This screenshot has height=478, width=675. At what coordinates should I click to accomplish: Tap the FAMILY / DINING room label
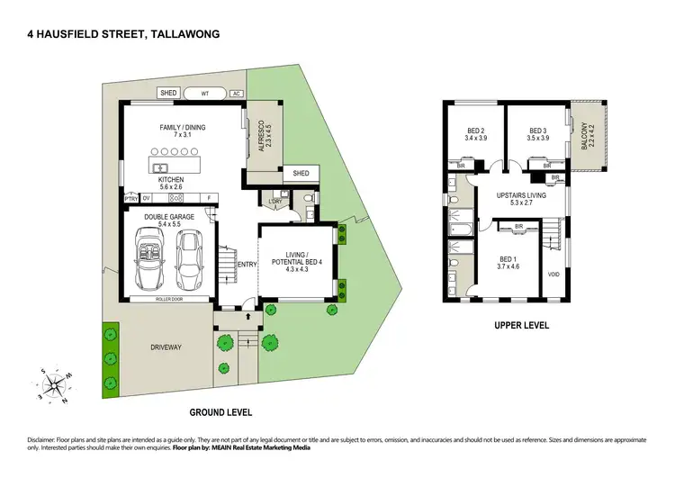pyautogui.click(x=183, y=128)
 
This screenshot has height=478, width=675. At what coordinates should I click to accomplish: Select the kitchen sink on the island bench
pyautogui.click(x=162, y=167)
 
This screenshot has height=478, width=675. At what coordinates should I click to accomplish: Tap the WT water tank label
pyautogui.click(x=205, y=93)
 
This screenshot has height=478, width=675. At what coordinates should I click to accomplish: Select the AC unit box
pyautogui.click(x=236, y=93)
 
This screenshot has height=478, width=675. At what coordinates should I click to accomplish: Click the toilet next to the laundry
pyautogui.click(x=308, y=197)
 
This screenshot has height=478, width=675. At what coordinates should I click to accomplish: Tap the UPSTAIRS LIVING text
pyautogui.click(x=521, y=194)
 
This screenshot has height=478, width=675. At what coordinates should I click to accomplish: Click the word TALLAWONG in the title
pyautogui.click(x=185, y=34)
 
